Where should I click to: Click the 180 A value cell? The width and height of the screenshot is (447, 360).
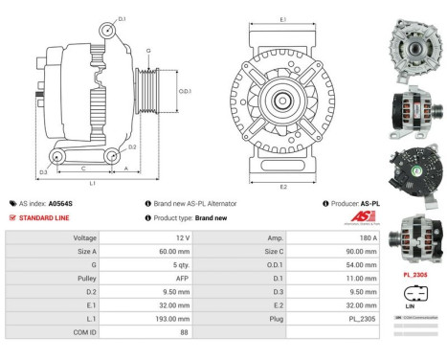[x=329, y=236]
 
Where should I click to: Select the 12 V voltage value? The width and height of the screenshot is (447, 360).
[x=143, y=236]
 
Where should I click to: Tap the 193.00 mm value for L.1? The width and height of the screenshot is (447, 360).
[x=143, y=317]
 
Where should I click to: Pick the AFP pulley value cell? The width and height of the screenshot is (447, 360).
[x=143, y=277]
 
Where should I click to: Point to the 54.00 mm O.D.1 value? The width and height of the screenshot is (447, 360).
[x=329, y=263]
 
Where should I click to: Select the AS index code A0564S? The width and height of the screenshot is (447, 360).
[x=61, y=204]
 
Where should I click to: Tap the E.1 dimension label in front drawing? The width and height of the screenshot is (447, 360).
[x=282, y=19]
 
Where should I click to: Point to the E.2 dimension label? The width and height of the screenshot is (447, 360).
[x=282, y=186]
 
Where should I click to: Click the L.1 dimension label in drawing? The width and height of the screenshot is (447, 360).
[x=92, y=181]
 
